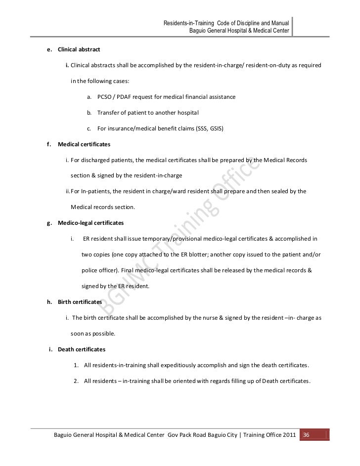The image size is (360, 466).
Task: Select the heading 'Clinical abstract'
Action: coord(79,50)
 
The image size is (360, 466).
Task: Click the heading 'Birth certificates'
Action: coord(80,301)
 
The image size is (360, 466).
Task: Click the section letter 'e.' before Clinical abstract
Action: coord(49,50)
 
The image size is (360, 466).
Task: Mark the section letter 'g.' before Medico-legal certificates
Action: coord(49,223)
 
